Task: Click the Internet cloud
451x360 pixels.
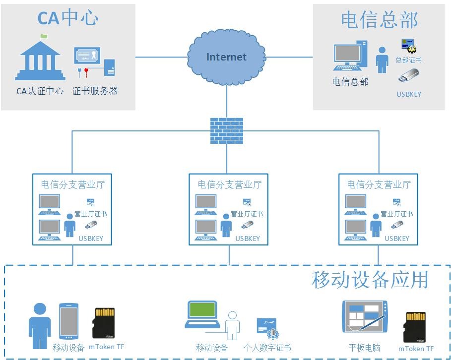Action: click(x=226, y=57)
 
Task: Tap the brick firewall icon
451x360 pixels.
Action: click(x=227, y=131)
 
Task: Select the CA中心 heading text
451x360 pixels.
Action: click(x=68, y=18)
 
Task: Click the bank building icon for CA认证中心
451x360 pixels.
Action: click(x=40, y=58)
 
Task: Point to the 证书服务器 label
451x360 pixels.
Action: click(x=95, y=91)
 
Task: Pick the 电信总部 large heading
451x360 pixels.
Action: click(x=380, y=20)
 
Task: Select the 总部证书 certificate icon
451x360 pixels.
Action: click(x=408, y=46)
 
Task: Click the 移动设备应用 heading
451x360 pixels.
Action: click(x=370, y=280)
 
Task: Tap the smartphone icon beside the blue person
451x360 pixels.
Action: click(x=68, y=321)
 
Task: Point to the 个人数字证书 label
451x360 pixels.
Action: click(x=267, y=348)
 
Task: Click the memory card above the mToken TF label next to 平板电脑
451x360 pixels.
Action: click(x=415, y=327)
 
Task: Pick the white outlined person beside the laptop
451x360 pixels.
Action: click(x=232, y=325)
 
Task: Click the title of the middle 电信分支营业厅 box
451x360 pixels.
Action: click(x=229, y=185)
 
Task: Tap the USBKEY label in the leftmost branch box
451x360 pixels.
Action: click(x=91, y=239)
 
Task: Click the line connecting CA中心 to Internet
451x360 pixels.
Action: click(x=161, y=57)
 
